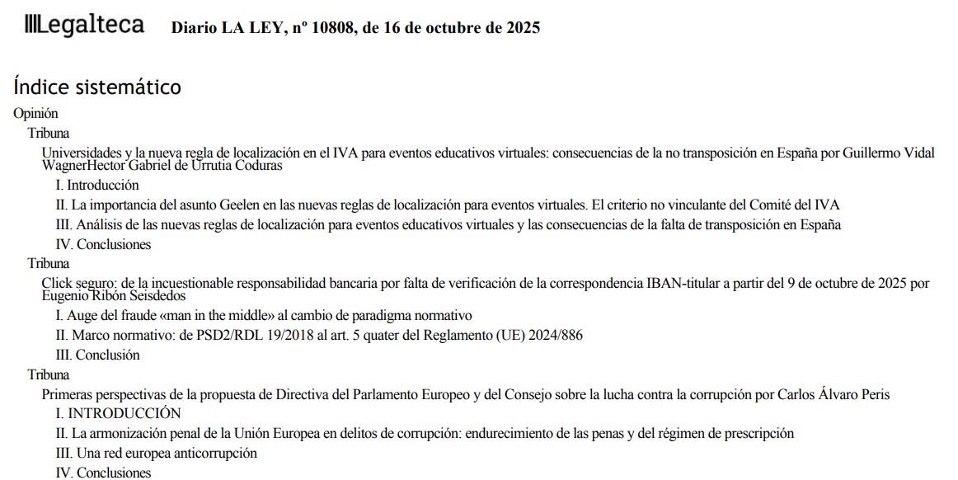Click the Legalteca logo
(x=85, y=26)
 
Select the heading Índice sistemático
(x=97, y=87)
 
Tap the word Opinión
(x=36, y=114)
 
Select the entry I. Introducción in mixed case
(x=97, y=186)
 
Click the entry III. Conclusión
(x=97, y=355)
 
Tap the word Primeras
(x=68, y=394)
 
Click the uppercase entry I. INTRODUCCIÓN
(x=118, y=413)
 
